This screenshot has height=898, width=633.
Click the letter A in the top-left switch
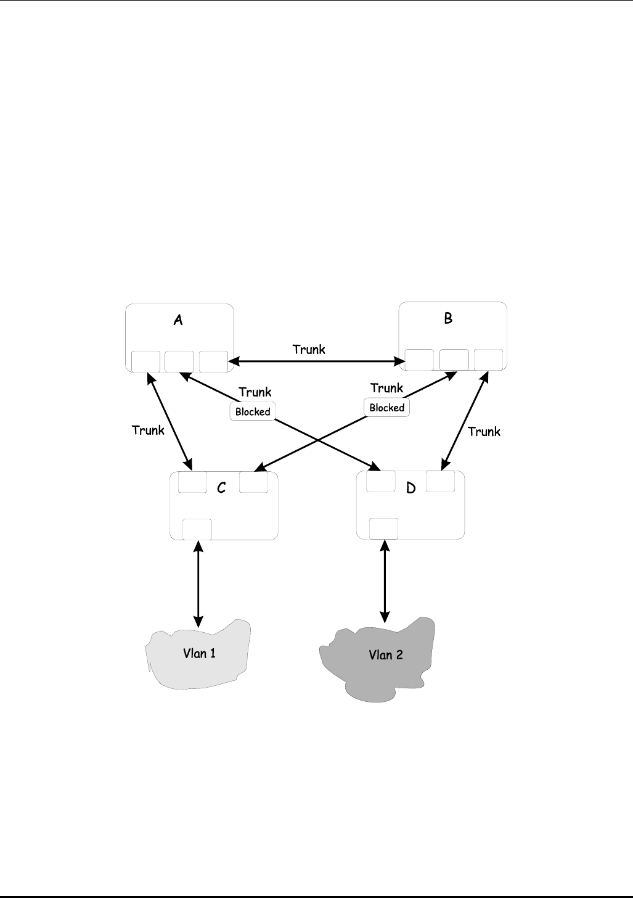(178, 319)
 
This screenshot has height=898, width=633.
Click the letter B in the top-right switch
(448, 318)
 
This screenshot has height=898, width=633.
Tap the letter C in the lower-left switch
(222, 487)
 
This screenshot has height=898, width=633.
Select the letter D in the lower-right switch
(411, 488)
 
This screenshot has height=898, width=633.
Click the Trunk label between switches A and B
(309, 349)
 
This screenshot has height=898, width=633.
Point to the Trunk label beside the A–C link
(148, 430)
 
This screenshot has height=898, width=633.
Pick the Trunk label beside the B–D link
(484, 431)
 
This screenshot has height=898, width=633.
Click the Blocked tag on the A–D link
(253, 411)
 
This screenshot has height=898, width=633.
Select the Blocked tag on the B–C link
(386, 408)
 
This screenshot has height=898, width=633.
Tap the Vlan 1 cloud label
(199, 653)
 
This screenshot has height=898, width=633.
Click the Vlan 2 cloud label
(386, 654)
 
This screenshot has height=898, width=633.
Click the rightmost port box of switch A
(213, 361)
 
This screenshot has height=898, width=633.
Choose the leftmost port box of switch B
(419, 360)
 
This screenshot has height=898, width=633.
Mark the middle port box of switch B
(454, 360)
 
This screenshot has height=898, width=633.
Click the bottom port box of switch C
(197, 529)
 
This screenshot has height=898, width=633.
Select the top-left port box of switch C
(192, 482)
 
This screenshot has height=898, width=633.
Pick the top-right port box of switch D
(440, 482)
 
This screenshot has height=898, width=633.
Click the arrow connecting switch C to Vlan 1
(198, 583)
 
